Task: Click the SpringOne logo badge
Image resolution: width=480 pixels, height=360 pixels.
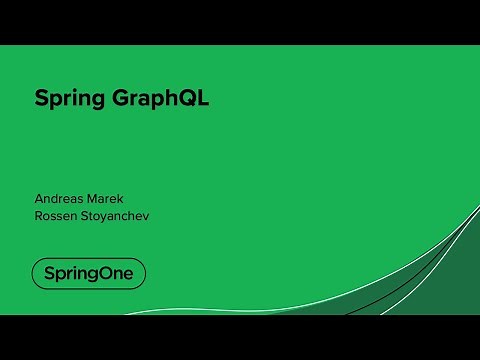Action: tap(88, 273)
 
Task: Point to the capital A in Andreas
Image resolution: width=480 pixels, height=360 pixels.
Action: tap(39, 197)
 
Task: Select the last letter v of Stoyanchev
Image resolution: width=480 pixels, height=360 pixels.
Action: tap(156, 214)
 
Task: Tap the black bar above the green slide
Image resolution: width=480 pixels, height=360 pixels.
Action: tap(240, 22)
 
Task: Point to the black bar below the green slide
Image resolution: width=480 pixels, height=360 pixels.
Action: tap(240, 337)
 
